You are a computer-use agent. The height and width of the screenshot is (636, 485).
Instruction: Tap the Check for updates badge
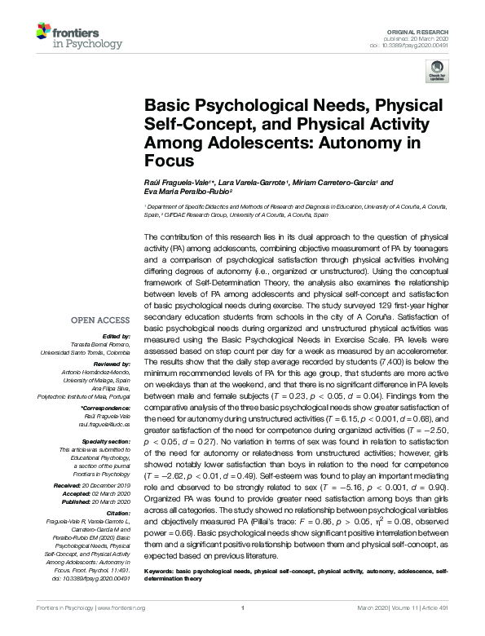[x=438, y=70]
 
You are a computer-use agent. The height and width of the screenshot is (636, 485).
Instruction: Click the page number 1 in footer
[x=242, y=629]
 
